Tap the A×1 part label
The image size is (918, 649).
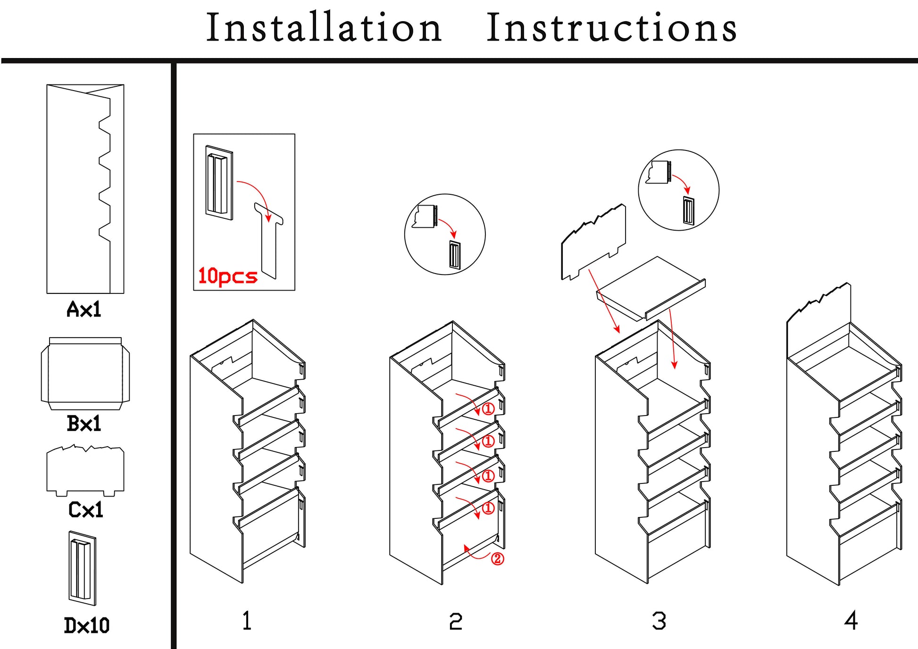point(84,309)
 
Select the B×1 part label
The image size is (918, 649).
point(84,423)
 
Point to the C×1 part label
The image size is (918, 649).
point(85,509)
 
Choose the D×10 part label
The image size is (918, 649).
point(86,625)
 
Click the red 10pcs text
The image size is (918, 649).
point(227,276)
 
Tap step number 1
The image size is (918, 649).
point(247,620)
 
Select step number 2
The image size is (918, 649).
point(455,621)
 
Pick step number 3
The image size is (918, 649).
point(659,621)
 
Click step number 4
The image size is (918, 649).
point(851,620)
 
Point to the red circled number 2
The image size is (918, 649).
point(498,559)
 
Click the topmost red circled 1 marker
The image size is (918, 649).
point(488,408)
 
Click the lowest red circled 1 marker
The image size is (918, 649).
point(489,508)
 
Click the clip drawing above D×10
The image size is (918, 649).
point(82,568)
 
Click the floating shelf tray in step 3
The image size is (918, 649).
point(651,288)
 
